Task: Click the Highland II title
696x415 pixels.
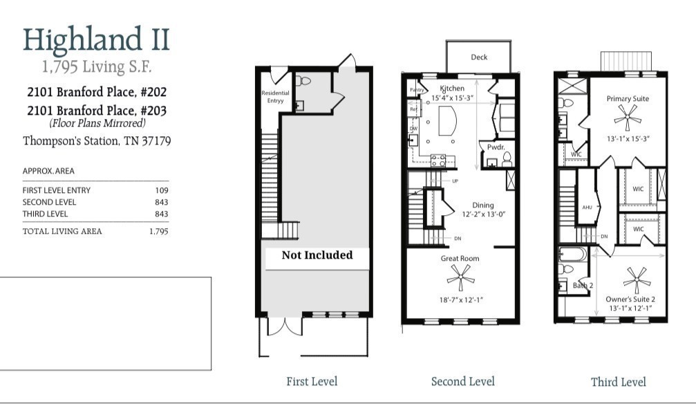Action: (x=96, y=39)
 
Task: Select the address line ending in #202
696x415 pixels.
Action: (x=97, y=91)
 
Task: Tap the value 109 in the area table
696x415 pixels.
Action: (x=162, y=190)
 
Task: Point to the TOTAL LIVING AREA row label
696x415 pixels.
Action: (x=62, y=231)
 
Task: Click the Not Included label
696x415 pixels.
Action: (x=317, y=255)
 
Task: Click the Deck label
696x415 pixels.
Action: (x=479, y=57)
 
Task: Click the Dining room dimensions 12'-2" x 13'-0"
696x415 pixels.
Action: (x=483, y=214)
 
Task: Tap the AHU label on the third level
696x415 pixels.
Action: (x=587, y=207)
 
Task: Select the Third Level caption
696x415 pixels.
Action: (x=618, y=382)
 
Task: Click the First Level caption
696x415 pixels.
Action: (x=312, y=381)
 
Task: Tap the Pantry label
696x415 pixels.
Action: (x=416, y=90)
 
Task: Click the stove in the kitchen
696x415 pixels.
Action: (x=438, y=160)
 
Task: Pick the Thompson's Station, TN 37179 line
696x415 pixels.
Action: (x=97, y=141)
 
